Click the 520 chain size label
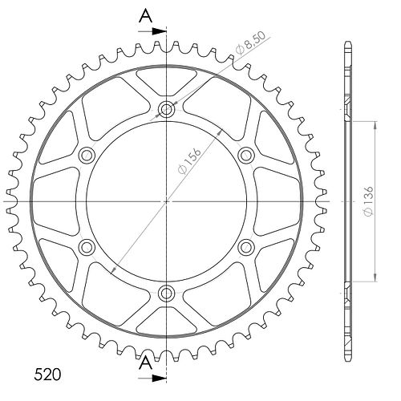tap(47, 375)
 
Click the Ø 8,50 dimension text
tap(250, 43)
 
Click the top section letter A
tap(146, 16)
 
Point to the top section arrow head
tap(159, 31)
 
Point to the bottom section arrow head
tap(159, 379)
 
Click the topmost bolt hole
tap(166, 109)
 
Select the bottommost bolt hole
tap(166, 294)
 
